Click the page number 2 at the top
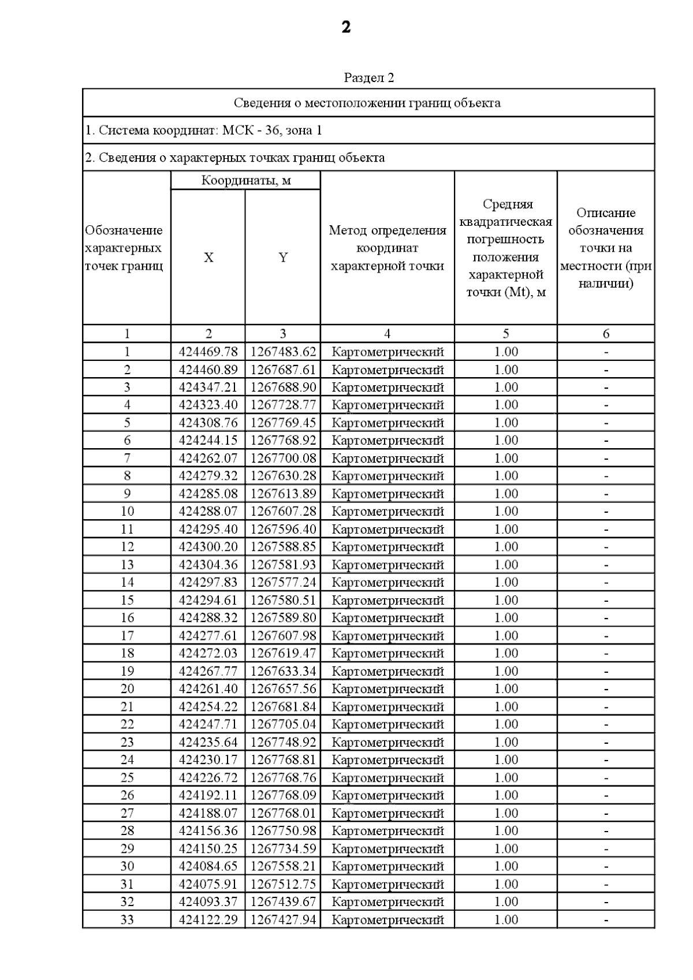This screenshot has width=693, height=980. [x=346, y=27]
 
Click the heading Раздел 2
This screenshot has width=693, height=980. [x=368, y=77]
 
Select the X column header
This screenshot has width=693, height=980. [x=208, y=258]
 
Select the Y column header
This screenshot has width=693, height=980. [x=283, y=258]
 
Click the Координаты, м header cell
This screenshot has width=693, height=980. [x=246, y=180]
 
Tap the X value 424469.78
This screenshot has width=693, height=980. [x=208, y=352]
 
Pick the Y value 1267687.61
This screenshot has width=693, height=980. [x=284, y=370]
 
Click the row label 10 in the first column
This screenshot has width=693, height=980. [x=127, y=512]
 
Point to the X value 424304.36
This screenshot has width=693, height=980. [x=208, y=565]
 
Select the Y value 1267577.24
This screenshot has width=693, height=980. [x=284, y=582]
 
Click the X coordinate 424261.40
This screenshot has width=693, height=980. [x=208, y=689]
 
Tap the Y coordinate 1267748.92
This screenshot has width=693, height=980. [x=284, y=742]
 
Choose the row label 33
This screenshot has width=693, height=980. [x=127, y=919]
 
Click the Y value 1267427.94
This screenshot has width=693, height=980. [x=284, y=919]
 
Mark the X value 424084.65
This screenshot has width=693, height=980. [x=208, y=866]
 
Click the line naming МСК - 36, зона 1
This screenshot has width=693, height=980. [x=203, y=131]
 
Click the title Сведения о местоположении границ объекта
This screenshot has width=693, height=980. [x=367, y=103]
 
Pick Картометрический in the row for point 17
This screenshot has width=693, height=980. [x=388, y=636]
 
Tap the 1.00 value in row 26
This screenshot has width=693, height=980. [x=506, y=795]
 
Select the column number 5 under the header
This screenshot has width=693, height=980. [x=506, y=334]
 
